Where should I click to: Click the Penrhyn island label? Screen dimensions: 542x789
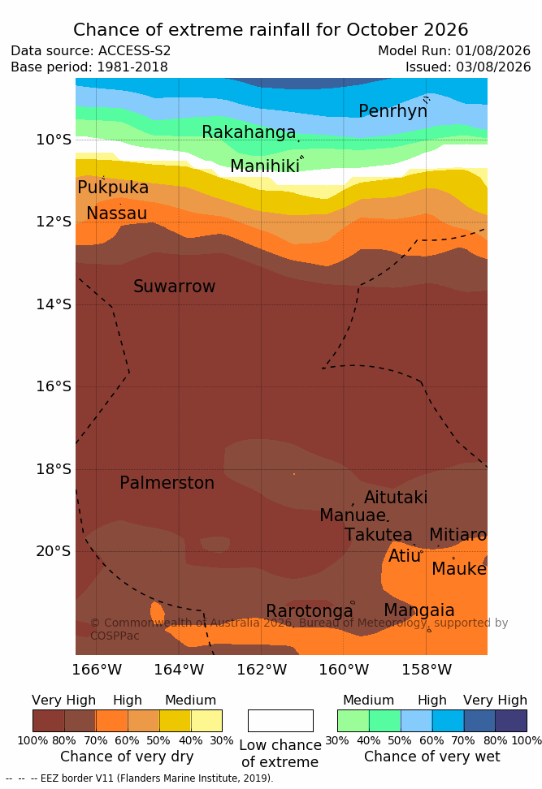pos(393,111)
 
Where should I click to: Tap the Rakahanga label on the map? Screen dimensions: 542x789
pos(249,132)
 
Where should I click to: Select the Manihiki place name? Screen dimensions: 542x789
pos(265,166)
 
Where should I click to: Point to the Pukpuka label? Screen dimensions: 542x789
pos(113,188)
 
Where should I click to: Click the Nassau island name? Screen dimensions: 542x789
pos(117,213)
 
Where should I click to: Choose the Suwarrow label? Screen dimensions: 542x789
pos(174,287)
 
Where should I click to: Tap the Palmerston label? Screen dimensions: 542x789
pos(167,483)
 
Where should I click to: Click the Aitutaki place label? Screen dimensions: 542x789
pos(396,498)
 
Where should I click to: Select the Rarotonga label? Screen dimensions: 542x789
pos(310,611)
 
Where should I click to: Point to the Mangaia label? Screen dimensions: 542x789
pos(419,610)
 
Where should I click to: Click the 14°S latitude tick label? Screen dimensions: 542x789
pos(54,304)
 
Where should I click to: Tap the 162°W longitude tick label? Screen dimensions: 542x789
pos(262,670)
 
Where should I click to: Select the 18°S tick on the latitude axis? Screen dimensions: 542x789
pos(54,469)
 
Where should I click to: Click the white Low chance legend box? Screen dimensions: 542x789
pos(280,721)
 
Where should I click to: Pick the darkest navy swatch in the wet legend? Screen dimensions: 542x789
pos(511,721)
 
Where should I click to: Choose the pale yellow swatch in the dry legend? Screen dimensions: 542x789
pos(206,721)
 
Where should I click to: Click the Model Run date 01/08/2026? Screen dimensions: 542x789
pos(493,51)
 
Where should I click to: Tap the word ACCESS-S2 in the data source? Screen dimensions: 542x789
pos(135,51)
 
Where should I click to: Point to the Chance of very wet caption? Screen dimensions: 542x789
pos(432,757)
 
